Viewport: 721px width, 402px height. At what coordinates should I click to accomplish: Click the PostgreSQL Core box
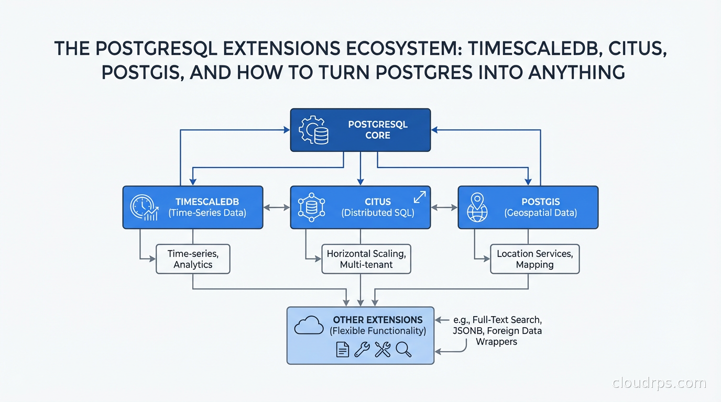[x=360, y=130]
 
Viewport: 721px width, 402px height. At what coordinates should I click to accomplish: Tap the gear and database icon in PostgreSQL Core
[x=313, y=130]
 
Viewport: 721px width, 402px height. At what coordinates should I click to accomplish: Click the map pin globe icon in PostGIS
[x=477, y=207]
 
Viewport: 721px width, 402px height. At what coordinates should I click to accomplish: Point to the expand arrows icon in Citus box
[x=420, y=197]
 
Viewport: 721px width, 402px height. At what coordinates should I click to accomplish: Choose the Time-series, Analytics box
[x=193, y=259]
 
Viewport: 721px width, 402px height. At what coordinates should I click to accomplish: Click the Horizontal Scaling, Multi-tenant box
[x=366, y=259]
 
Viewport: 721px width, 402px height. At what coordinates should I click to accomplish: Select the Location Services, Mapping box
[x=534, y=259]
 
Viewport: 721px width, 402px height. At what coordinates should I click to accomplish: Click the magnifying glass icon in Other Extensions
[x=403, y=349]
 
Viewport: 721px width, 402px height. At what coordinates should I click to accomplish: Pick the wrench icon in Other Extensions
[x=362, y=349]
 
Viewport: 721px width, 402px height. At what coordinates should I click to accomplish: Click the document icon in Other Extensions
[x=342, y=349]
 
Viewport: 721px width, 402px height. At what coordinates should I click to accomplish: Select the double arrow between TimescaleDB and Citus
[x=277, y=207]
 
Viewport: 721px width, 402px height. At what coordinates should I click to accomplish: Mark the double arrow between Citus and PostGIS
[x=444, y=207]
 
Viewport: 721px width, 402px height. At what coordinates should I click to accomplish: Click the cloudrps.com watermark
[x=659, y=383]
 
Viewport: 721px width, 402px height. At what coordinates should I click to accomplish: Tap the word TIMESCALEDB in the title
[x=528, y=49]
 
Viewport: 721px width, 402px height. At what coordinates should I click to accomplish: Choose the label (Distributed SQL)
[x=377, y=213]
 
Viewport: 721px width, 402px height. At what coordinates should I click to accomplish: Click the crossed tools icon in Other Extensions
[x=383, y=349]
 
